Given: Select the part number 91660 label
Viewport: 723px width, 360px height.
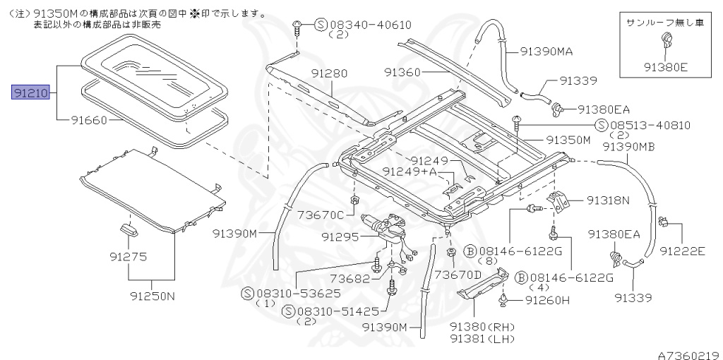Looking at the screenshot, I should coord(88,120).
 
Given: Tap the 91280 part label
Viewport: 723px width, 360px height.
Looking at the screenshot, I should coord(328,73).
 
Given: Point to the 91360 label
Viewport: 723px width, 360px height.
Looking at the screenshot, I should coord(402,71).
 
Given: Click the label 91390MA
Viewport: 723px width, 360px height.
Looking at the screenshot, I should coord(546,52).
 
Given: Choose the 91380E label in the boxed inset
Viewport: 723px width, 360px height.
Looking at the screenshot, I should coord(665,67).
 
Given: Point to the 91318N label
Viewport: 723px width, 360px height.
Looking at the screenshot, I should coord(608,200).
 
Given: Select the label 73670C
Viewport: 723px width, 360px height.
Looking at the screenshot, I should coord(320,215).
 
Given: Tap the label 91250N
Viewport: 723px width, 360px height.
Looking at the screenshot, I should coord(152,296).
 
